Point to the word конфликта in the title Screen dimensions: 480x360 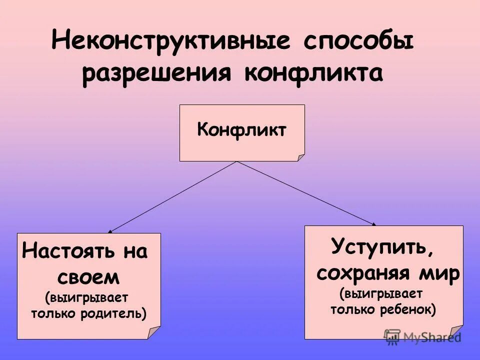click(x=313, y=74)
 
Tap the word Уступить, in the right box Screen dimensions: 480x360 click(x=382, y=247)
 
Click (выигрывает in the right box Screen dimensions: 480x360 click(x=381, y=293)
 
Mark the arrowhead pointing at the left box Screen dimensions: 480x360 click(x=109, y=231)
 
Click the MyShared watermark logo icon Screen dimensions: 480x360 click(x=392, y=336)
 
